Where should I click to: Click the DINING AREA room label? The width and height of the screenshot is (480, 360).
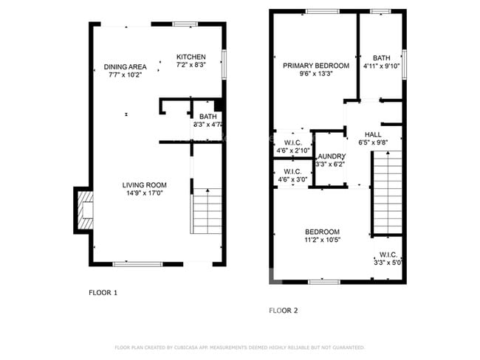click(124, 66)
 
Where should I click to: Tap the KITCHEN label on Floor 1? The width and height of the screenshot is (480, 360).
click(191, 57)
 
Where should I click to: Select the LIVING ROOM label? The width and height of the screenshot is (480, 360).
click(145, 185)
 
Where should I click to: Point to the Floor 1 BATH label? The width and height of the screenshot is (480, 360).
click(208, 117)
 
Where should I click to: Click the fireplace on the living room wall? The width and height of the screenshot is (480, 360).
click(83, 210)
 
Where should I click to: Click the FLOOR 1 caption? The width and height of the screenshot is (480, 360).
click(103, 293)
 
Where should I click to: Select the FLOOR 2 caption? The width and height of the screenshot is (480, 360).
click(283, 311)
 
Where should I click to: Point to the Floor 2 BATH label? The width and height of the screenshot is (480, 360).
click(381, 58)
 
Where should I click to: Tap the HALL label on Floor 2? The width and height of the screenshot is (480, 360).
click(373, 134)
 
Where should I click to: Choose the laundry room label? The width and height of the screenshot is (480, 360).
click(330, 156)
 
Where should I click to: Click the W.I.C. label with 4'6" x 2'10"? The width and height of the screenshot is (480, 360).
click(291, 142)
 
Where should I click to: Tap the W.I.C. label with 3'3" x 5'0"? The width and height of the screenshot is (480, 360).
click(387, 255)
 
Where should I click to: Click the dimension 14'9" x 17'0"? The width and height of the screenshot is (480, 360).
click(145, 193)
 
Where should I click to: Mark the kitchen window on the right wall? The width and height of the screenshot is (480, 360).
click(225, 65)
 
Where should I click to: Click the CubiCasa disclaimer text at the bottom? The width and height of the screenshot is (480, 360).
click(240, 347)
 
